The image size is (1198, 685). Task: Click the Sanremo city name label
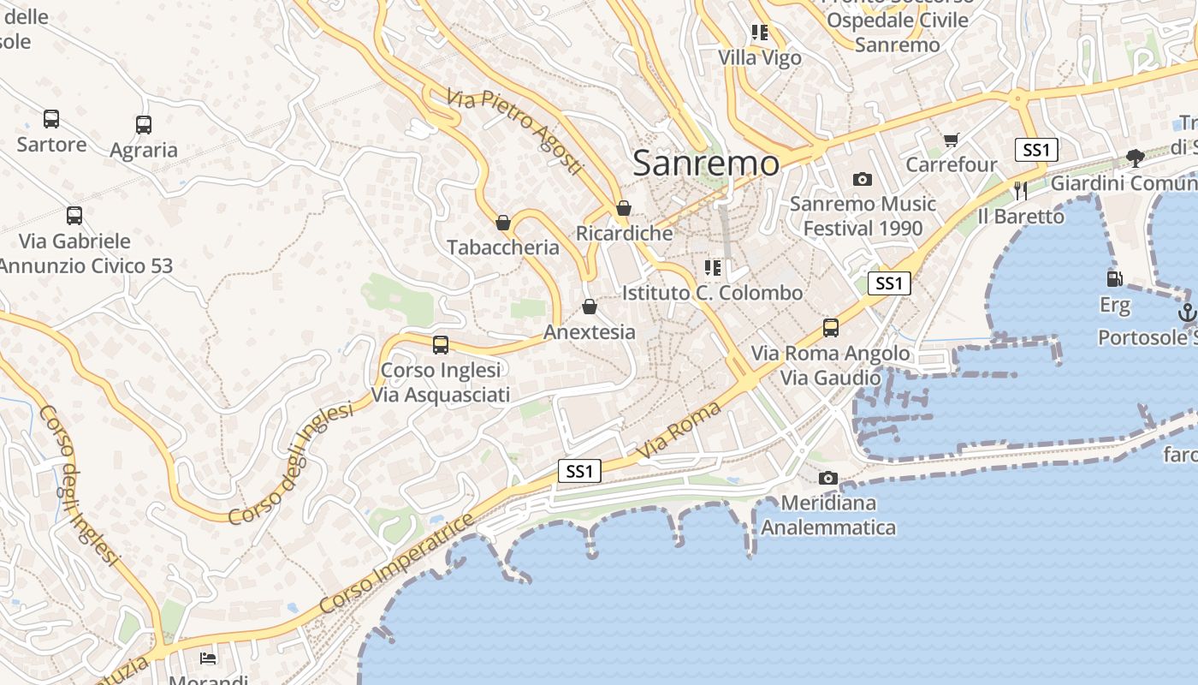coord(706,163)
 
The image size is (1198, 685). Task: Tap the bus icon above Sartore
coord(51,119)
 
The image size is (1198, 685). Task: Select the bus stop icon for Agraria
coord(144,125)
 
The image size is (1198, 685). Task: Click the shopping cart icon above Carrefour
coord(951,140)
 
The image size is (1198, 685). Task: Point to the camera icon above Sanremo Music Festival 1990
coord(863,179)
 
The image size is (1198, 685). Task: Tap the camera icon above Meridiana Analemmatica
coord(827,478)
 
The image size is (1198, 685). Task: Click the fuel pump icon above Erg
coord(1114,278)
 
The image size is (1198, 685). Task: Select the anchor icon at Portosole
coord(1186,313)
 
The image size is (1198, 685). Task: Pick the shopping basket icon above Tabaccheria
coord(503,223)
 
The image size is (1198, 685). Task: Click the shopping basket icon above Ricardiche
coord(624,208)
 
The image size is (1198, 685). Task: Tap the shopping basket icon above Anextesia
coord(590,307)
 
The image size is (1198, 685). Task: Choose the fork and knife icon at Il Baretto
coord(1020,190)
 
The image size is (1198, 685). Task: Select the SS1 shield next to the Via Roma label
coord(579,471)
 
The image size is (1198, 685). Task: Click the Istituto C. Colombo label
coord(712,293)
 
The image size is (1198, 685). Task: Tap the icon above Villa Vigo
coord(759,33)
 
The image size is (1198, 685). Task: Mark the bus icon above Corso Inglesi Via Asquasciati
coord(441,345)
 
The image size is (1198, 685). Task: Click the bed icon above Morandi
coord(207,658)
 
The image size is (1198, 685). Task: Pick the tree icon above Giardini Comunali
coord(1136,158)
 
